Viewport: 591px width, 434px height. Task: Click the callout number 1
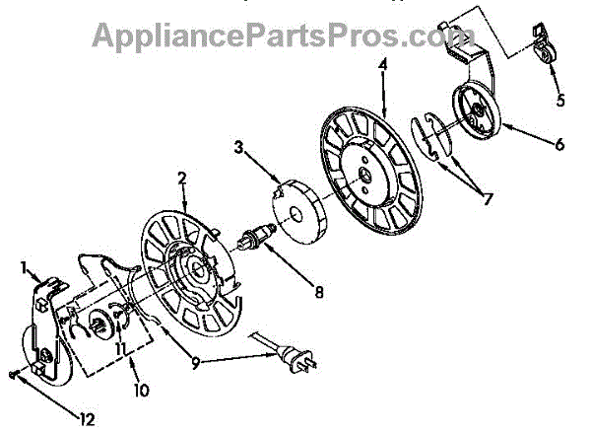[x=25, y=266]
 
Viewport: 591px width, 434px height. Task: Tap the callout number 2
[x=181, y=179]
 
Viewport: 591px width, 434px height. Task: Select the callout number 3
[x=237, y=148]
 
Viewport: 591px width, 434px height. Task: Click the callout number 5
[x=559, y=100]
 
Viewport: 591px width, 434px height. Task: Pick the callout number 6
[x=558, y=144]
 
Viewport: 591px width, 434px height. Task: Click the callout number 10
[x=142, y=391]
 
